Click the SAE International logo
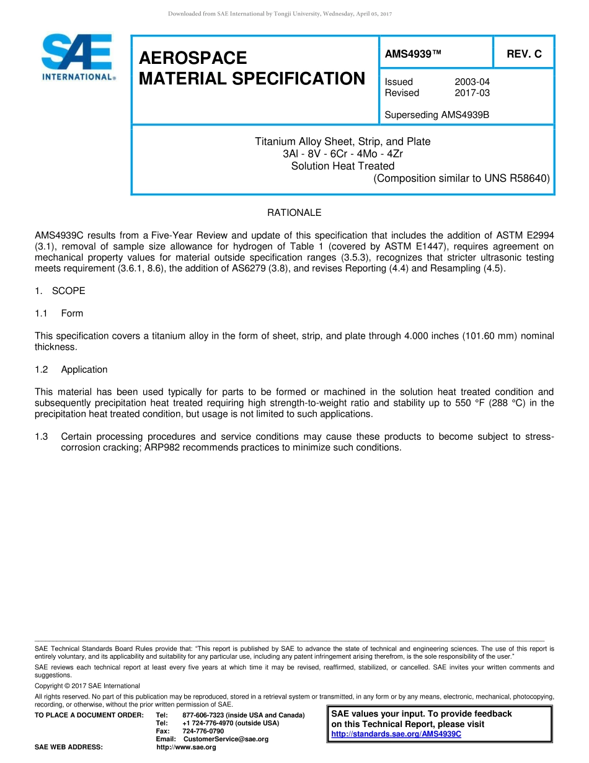[77, 56]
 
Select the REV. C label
[524, 54]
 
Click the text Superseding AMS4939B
[436, 115]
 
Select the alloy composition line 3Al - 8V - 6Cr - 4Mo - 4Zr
[342, 154]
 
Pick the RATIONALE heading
[294, 213]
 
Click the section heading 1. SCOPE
[60, 291]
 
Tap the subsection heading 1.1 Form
[60, 313]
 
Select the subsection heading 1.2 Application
[71, 370]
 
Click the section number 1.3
[42, 437]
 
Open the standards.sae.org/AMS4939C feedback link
[396, 734]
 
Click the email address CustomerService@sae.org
[226, 739]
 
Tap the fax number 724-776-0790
[203, 731]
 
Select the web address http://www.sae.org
[186, 747]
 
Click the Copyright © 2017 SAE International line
[87, 686]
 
